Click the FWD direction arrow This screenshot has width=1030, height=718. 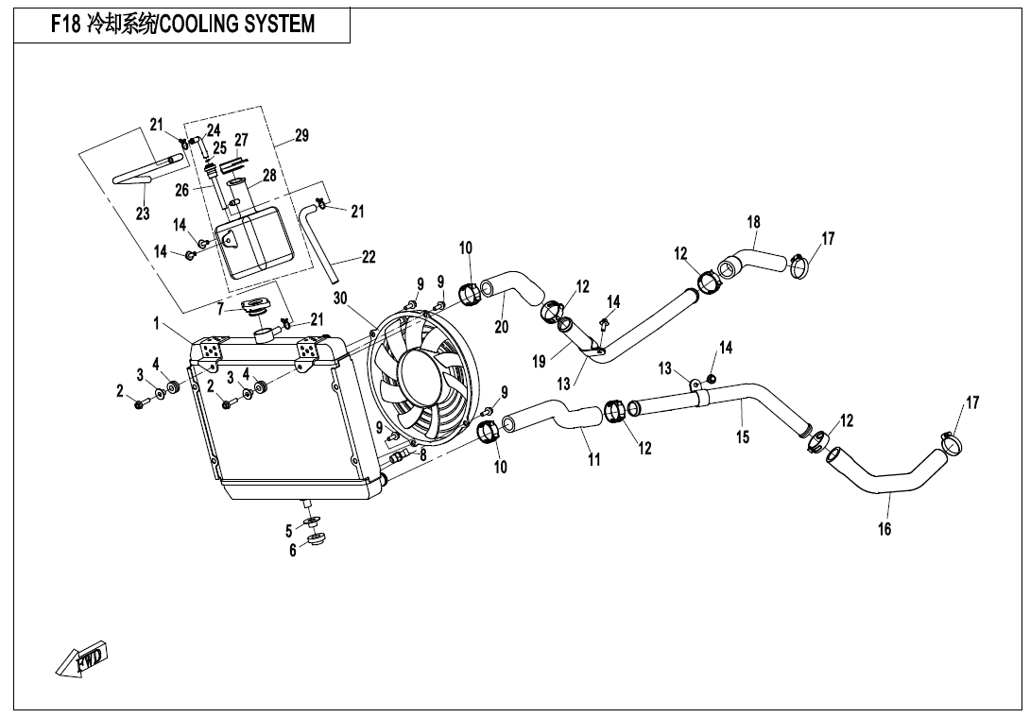(x=81, y=658)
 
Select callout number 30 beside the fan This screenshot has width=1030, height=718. (x=339, y=299)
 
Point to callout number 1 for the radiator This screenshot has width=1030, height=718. (x=156, y=323)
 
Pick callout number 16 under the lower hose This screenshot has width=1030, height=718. (x=884, y=528)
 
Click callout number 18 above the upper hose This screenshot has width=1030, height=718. (x=753, y=222)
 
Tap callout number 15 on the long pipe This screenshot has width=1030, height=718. (x=743, y=436)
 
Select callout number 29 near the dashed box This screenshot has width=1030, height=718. (x=301, y=135)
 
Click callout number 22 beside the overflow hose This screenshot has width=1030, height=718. (x=369, y=256)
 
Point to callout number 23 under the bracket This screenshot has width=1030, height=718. (x=143, y=213)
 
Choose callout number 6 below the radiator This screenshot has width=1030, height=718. (x=293, y=551)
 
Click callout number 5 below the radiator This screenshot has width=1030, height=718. (x=288, y=531)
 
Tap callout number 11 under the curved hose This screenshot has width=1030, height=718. (x=593, y=459)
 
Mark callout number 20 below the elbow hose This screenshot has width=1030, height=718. (x=501, y=326)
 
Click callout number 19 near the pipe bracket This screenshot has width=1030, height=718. (x=540, y=361)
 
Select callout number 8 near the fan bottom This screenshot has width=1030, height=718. (x=422, y=453)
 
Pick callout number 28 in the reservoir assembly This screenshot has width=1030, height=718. (x=269, y=176)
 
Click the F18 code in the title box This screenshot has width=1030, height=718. (x=66, y=25)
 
